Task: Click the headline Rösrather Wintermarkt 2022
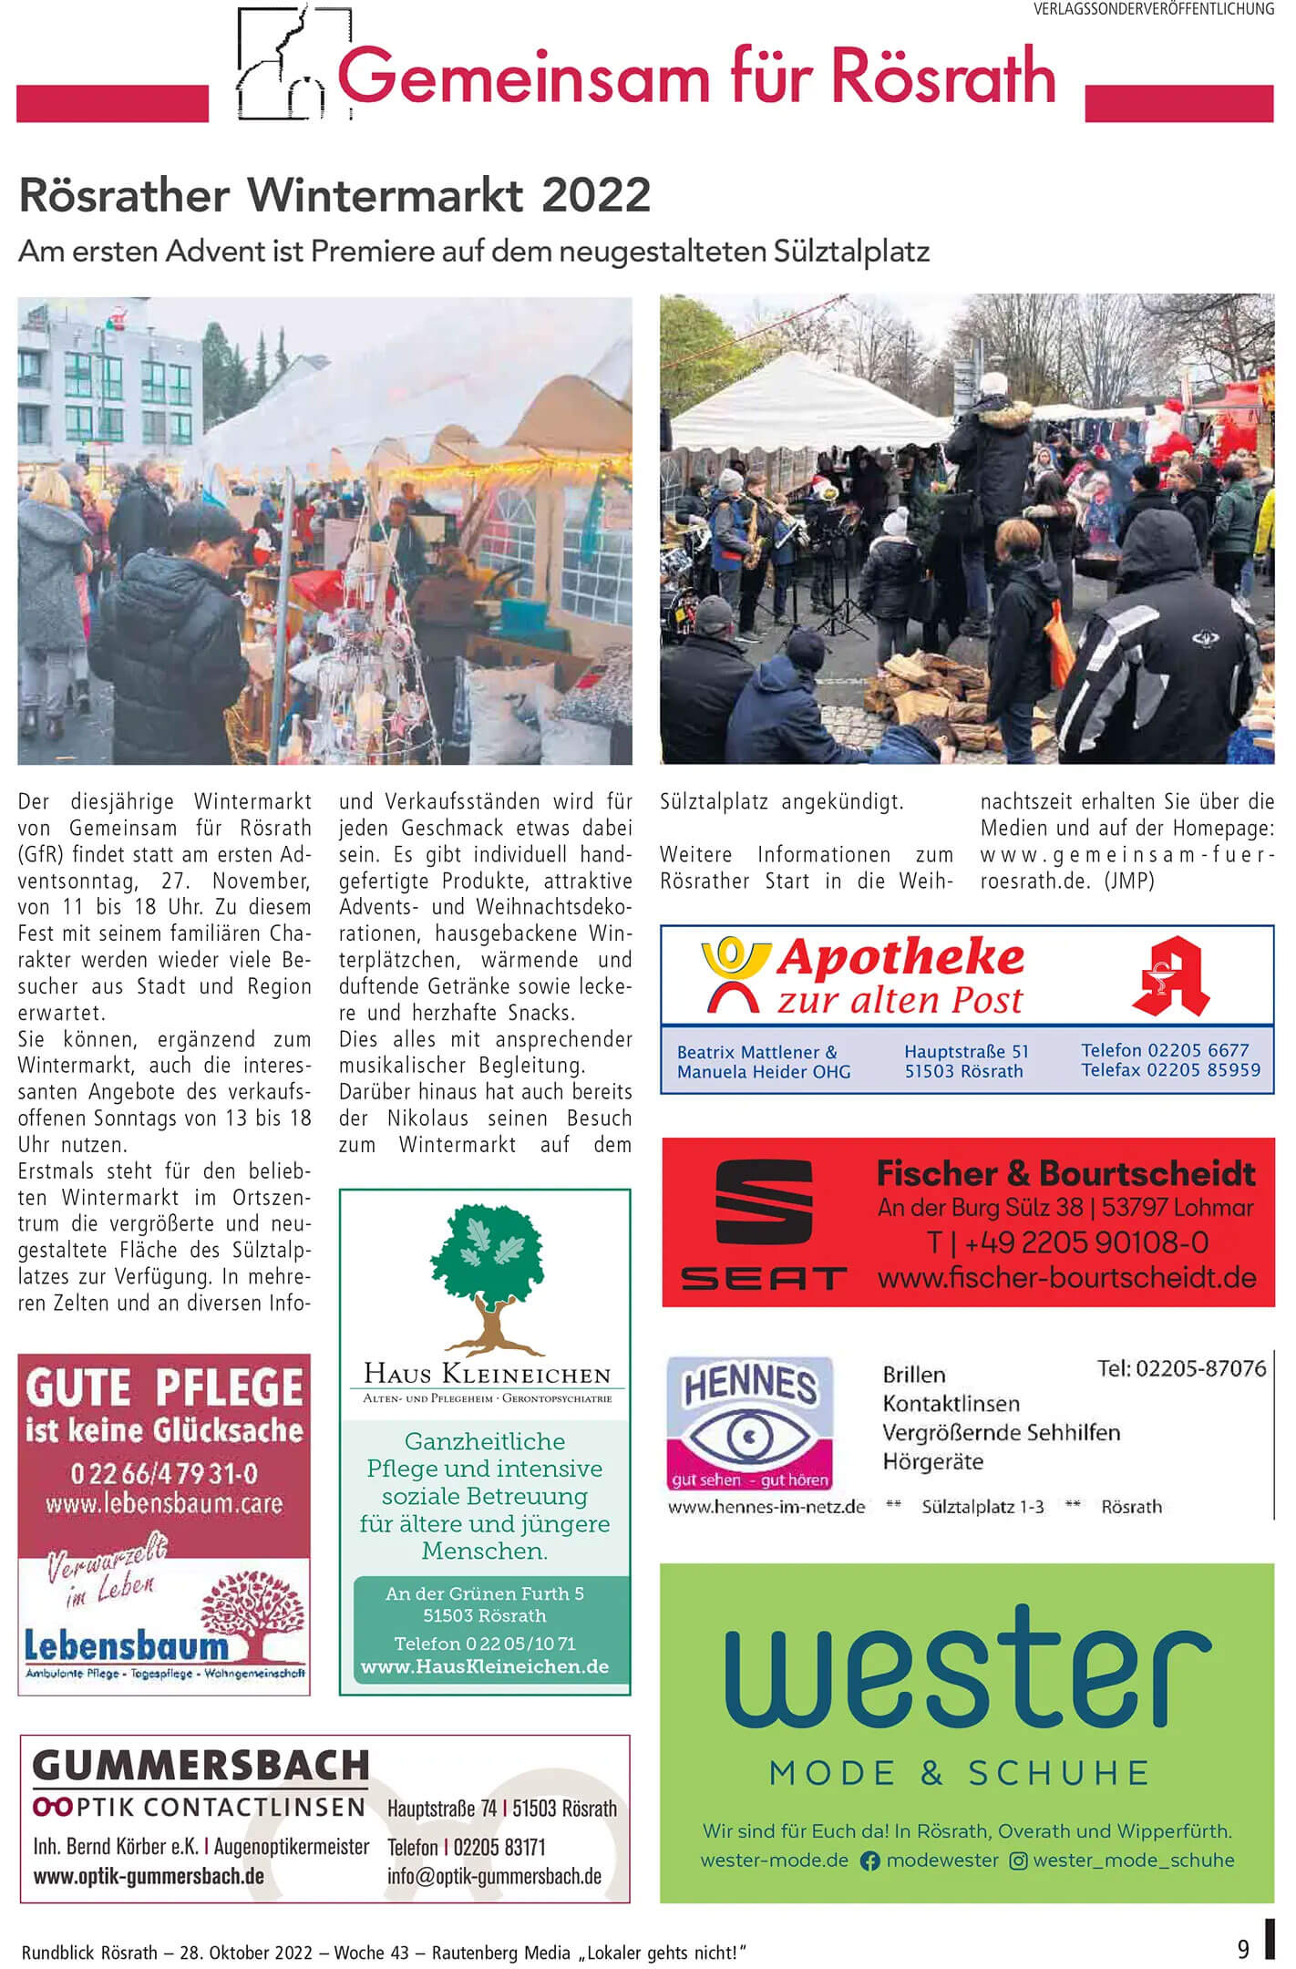coord(334,194)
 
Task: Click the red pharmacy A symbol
coord(1170,975)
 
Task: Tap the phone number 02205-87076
coord(1181,1368)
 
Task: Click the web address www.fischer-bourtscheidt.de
coord(1066,1277)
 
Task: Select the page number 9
coord(1243,1949)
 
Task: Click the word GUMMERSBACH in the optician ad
coord(201,1765)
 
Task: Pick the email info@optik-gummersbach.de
coord(494,1877)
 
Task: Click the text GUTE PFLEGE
coord(164,1388)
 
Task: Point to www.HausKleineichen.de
coord(485,1666)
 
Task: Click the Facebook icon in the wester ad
coord(869,1861)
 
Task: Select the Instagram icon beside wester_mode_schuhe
coord(1018,1861)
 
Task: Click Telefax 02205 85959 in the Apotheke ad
coord(1170,1069)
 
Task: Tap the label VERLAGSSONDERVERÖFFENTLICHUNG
coord(1153,9)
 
